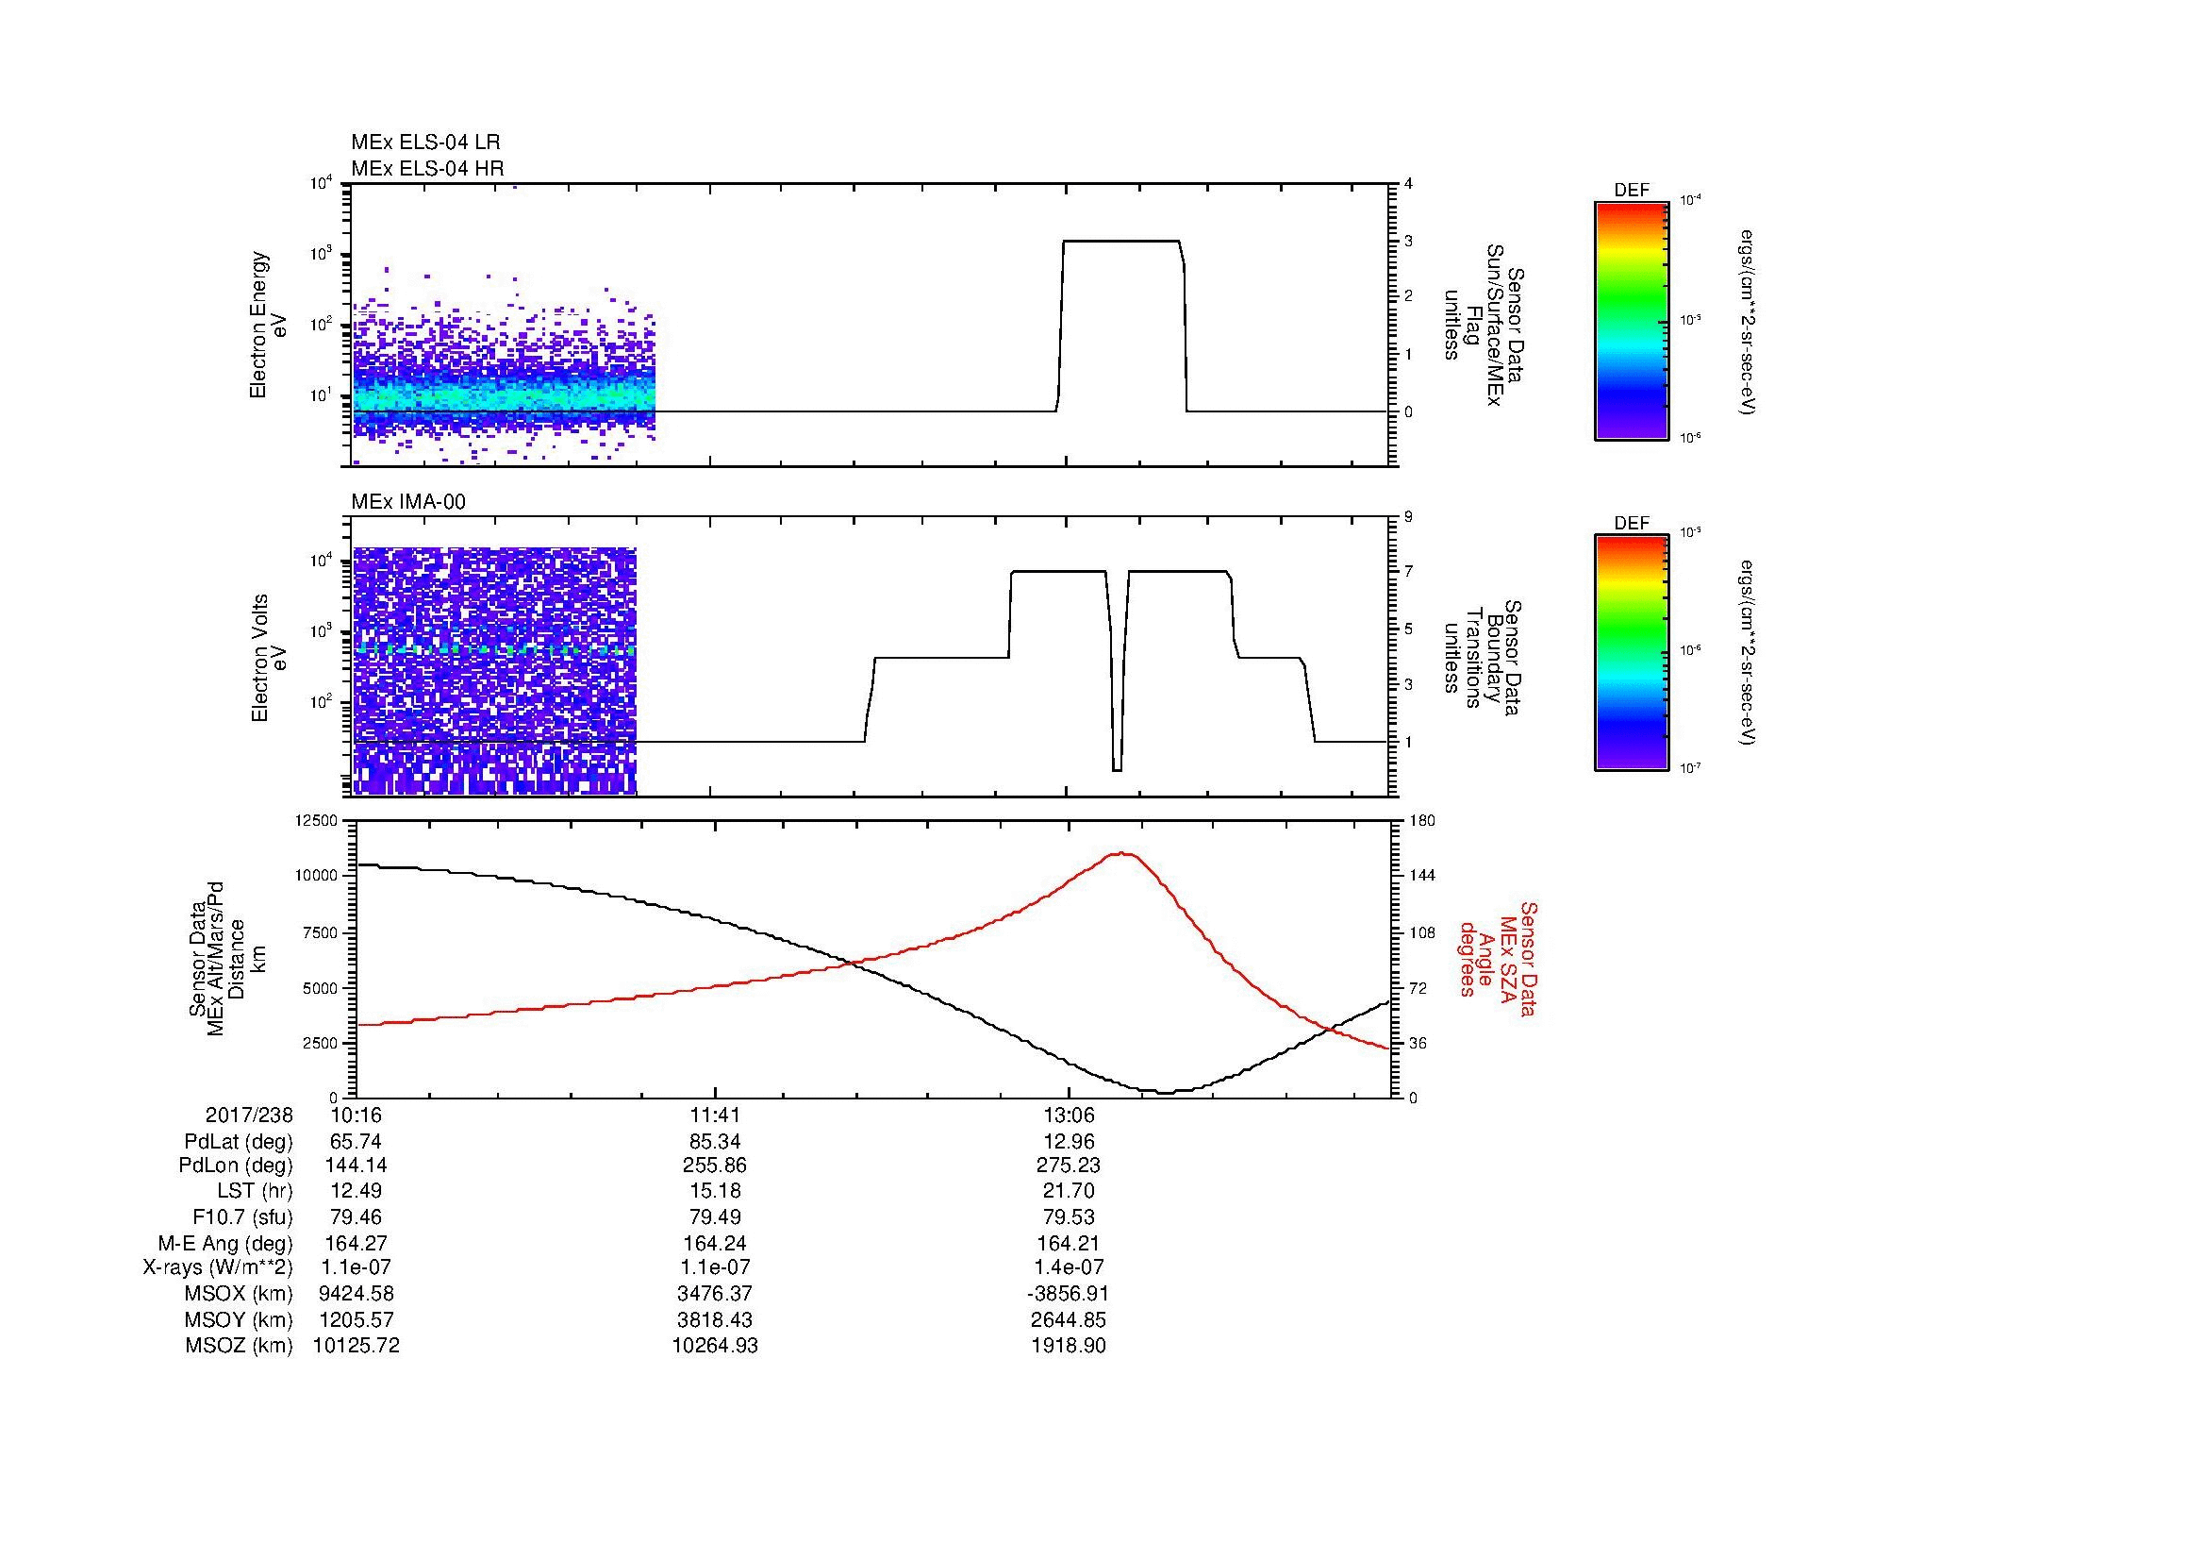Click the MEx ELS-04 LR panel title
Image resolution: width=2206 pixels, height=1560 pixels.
[425, 143]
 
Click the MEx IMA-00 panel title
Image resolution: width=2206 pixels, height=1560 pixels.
[408, 502]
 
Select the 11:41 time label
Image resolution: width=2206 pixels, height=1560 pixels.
[715, 1115]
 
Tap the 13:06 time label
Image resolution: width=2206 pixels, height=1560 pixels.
[1069, 1115]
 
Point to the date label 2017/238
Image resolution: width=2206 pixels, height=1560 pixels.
[249, 1115]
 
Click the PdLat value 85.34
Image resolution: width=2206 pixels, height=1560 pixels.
[715, 1142]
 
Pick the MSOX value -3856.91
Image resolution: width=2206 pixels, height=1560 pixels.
[1069, 1294]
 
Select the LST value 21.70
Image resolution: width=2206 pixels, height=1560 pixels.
[1069, 1192]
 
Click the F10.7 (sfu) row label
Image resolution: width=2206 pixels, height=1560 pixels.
[242, 1216]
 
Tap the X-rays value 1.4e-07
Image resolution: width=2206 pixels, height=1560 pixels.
[1069, 1267]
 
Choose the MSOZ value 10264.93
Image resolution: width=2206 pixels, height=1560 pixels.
[715, 1346]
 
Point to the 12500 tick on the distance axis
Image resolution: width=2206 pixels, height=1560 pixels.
[318, 821]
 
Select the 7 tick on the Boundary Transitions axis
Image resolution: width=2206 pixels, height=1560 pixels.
[1407, 572]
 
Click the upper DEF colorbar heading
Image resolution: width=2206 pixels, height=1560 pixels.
[1632, 191]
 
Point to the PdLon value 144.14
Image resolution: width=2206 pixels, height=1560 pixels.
[357, 1166]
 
